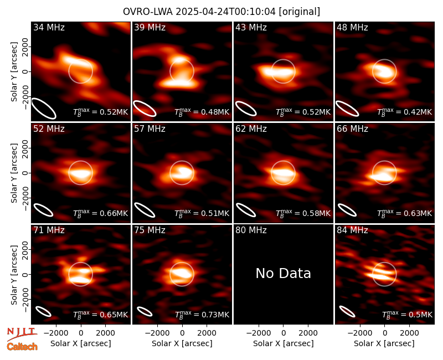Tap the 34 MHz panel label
(49, 27)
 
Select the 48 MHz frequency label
(352, 27)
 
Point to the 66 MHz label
(352, 129)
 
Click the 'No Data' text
(284, 273)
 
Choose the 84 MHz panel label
(352, 230)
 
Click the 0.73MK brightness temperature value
(215, 315)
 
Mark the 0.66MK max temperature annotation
(114, 213)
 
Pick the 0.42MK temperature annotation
(418, 112)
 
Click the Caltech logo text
(22, 347)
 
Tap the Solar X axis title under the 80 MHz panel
(284, 343)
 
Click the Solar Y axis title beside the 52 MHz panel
(14, 173)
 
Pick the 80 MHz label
(251, 230)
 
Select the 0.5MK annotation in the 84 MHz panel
(420, 315)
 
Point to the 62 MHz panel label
(251, 129)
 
